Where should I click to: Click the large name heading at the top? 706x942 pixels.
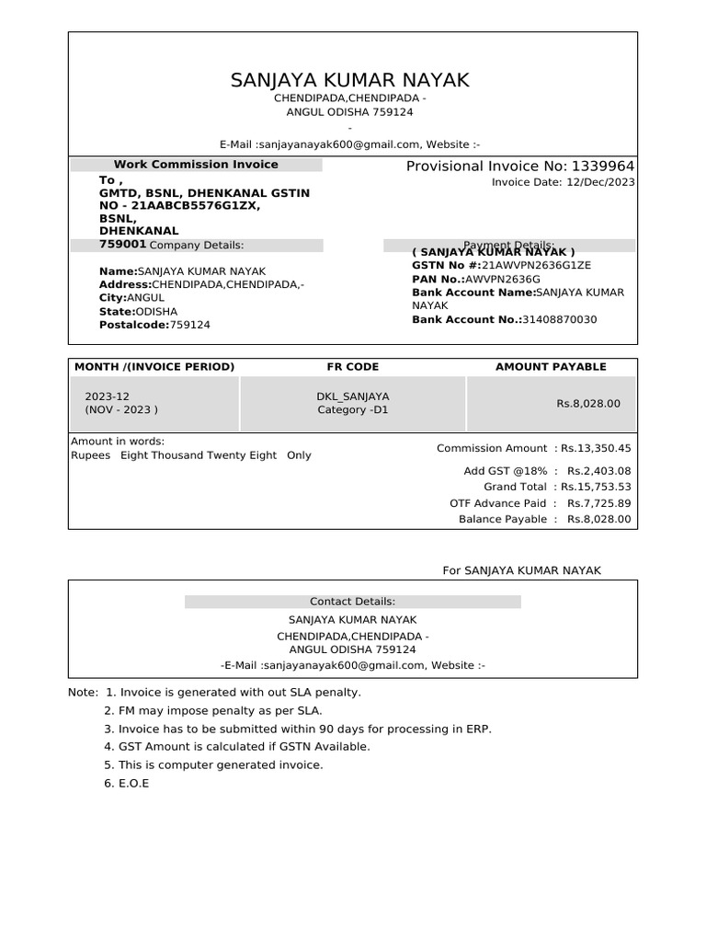[349, 80]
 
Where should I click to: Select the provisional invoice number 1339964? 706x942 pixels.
[602, 166]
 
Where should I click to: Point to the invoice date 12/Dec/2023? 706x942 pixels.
[600, 182]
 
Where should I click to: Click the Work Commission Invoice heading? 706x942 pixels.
[196, 165]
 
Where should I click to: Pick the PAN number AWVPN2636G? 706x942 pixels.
[503, 279]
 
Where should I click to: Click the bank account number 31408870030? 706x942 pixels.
[559, 319]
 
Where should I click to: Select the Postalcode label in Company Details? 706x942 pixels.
[133, 325]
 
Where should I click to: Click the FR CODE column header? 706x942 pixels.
[352, 366]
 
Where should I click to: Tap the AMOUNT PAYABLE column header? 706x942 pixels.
[551, 366]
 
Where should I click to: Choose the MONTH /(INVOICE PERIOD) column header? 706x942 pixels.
[154, 366]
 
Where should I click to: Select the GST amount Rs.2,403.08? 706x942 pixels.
[599, 471]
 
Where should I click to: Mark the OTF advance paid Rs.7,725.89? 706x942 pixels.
[599, 503]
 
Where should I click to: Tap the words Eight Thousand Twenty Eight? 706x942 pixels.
[199, 455]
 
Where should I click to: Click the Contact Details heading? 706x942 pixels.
[352, 602]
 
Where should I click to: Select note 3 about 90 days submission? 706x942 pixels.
[298, 729]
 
